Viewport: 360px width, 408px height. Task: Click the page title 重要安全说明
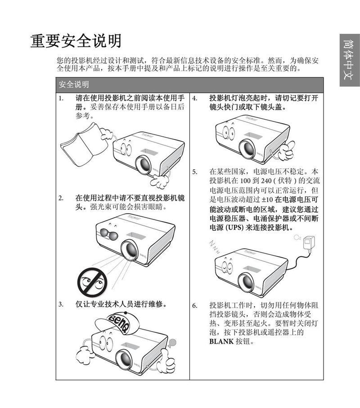tap(76, 41)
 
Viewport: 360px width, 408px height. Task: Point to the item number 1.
tap(60, 98)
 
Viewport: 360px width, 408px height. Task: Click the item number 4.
tap(194, 98)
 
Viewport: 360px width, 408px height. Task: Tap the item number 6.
tap(194, 305)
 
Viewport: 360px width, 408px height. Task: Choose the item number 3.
tap(60, 304)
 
